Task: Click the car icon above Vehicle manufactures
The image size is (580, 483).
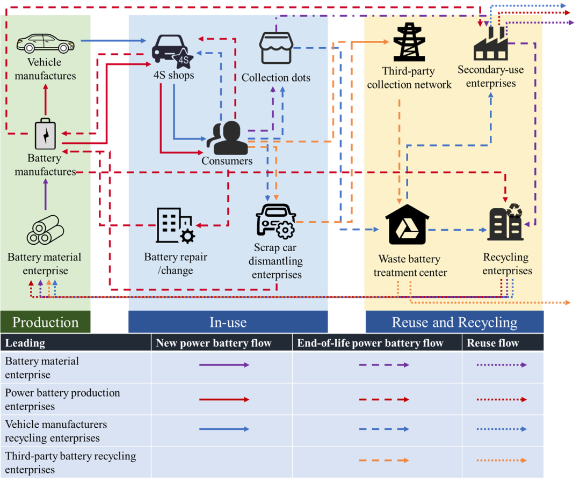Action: (x=45, y=43)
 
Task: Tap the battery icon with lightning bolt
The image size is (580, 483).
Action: (x=45, y=134)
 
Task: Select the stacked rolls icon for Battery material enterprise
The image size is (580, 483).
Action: (x=45, y=231)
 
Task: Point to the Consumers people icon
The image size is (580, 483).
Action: (x=227, y=137)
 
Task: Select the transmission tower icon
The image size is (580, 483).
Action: (x=409, y=42)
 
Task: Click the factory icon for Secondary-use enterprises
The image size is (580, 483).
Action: (x=490, y=43)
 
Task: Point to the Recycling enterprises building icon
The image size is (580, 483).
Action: (x=505, y=223)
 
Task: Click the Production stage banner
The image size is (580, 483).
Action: (x=45, y=322)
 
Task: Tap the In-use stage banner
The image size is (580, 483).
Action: (x=228, y=322)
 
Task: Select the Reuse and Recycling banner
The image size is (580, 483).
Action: (x=454, y=322)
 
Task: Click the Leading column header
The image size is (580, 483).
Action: (x=25, y=343)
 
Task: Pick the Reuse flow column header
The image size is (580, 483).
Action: (x=492, y=343)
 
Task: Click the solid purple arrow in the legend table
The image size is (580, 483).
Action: (x=224, y=365)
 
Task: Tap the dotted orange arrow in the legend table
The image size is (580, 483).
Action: (x=502, y=460)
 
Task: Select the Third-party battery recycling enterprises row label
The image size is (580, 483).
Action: (x=70, y=463)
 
